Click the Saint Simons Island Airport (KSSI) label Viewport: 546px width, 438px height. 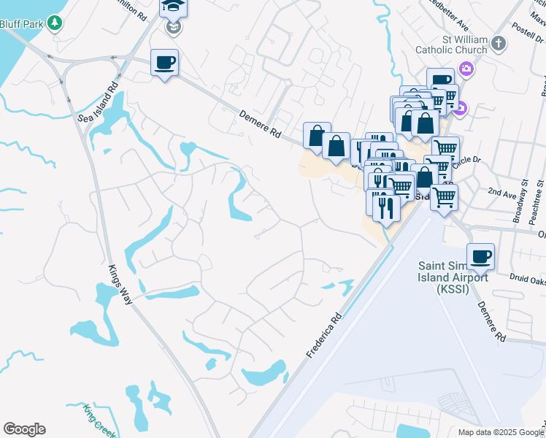click(x=453, y=277)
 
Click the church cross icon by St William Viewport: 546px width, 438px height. click(x=499, y=44)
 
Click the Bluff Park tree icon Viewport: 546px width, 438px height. click(x=54, y=23)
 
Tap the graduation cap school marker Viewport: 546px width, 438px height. click(x=174, y=7)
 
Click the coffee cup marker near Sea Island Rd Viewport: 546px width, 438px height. click(x=165, y=62)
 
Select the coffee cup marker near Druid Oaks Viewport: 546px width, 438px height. click(x=480, y=256)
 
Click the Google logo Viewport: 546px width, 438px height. click(x=24, y=429)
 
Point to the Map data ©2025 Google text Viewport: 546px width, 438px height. click(x=500, y=432)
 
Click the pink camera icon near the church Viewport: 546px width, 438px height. click(x=466, y=70)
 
